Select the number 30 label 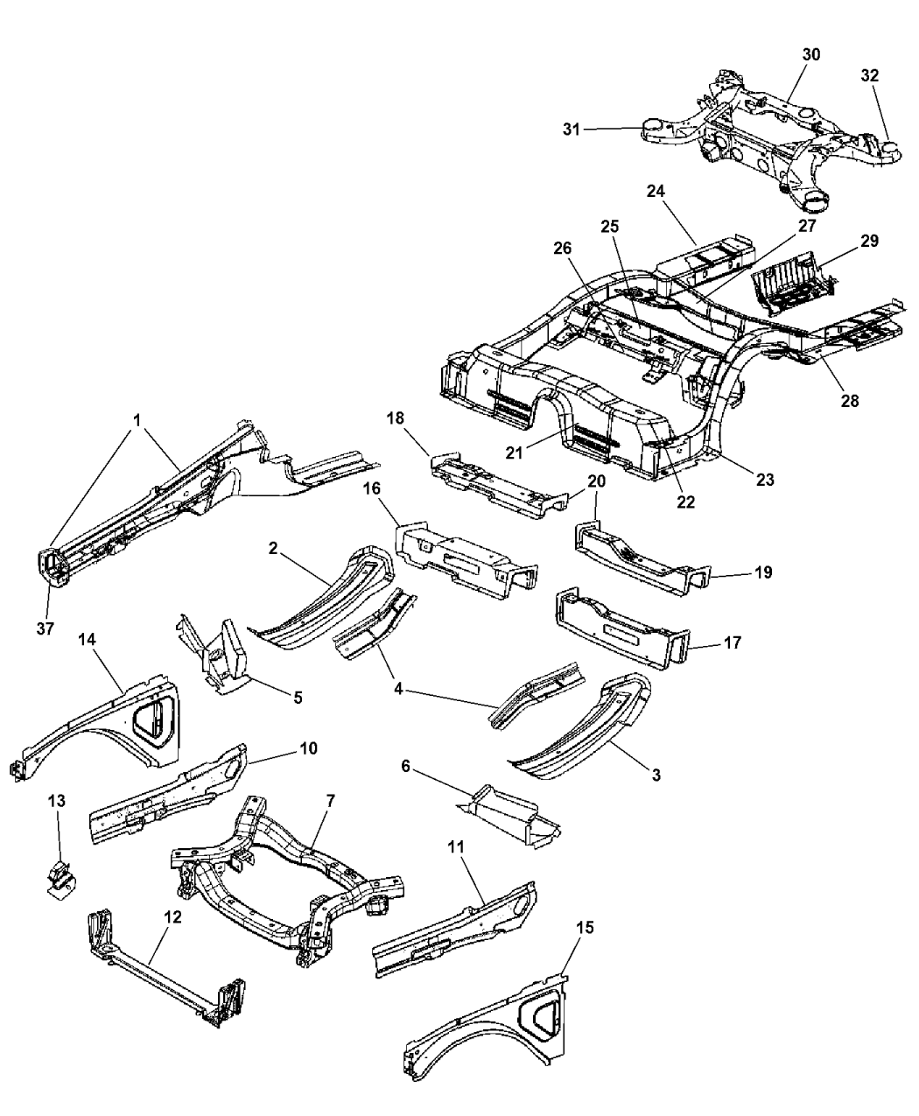[x=810, y=54]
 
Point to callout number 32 [x=869, y=75]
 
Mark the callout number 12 [x=172, y=916]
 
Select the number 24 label [x=657, y=191]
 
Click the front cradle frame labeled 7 [x=289, y=884]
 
